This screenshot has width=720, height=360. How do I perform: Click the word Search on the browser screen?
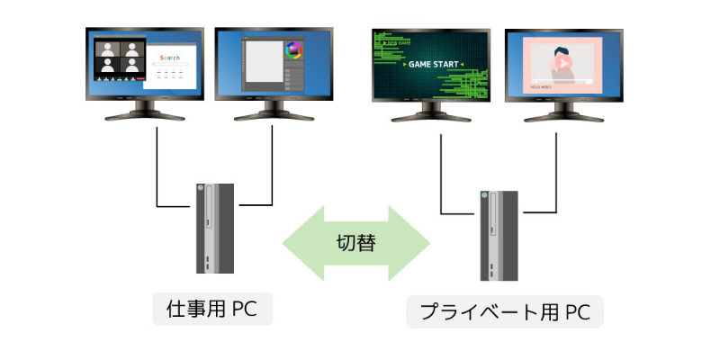[169, 58]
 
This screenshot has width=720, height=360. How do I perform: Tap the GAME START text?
[433, 64]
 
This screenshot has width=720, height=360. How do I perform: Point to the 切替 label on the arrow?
[356, 241]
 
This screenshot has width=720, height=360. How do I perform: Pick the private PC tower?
[499, 236]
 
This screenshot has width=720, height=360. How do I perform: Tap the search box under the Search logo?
[169, 67]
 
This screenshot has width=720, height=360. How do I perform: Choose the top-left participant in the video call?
[108, 49]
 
